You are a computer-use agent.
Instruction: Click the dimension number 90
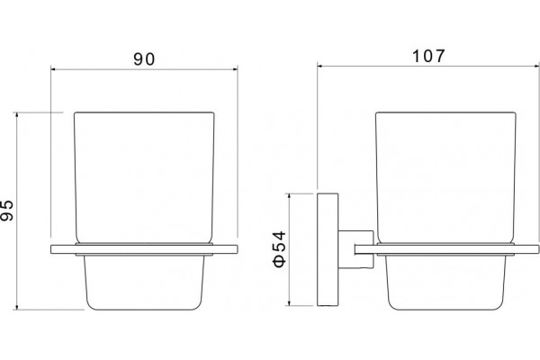pos(144,59)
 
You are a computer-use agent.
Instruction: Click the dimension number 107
pos(428,56)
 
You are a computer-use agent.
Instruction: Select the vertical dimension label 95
pos(7,210)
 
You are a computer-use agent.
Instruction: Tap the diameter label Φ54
pos(279,248)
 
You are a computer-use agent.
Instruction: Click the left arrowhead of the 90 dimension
pos(53,69)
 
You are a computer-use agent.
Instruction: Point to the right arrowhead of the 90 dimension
pos(235,69)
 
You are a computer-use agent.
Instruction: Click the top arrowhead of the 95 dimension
pos(17,114)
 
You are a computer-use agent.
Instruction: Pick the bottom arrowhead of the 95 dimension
pos(17,307)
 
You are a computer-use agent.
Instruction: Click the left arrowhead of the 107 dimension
pos(319,66)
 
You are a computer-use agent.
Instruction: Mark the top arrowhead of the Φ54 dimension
pos(290,196)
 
